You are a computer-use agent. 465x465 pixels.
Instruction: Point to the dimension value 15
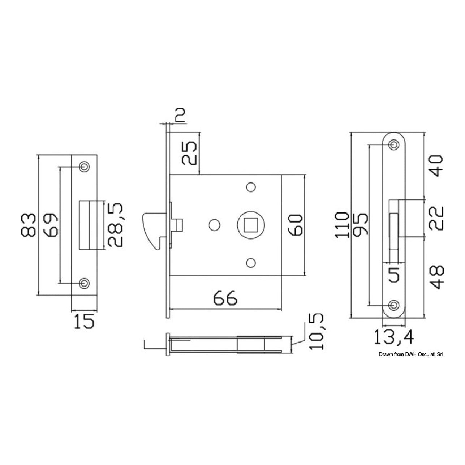tap(83, 322)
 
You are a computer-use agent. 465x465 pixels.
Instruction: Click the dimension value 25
tap(189, 153)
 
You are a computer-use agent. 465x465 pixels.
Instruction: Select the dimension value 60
tap(295, 225)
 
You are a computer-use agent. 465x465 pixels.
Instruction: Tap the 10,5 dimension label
tap(317, 332)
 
